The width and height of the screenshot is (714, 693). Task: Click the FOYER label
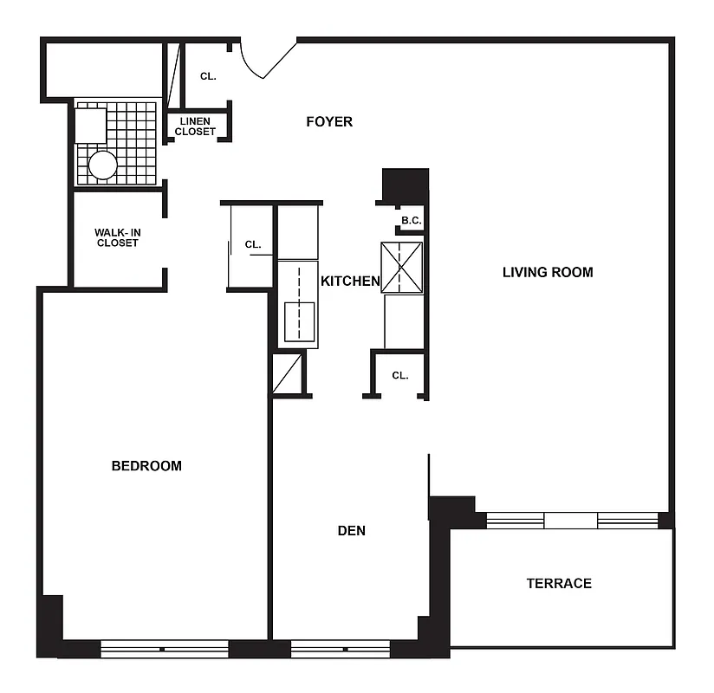(329, 122)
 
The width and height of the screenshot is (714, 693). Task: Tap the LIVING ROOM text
(548, 272)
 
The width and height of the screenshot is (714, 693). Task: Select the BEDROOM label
(146, 466)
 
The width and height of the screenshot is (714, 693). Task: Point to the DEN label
(351, 530)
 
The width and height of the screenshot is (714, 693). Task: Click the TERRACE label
(559, 584)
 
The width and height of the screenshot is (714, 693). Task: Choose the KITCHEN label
(350, 281)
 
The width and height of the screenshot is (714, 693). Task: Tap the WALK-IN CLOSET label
(117, 237)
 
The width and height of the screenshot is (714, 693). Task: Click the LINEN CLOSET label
(195, 126)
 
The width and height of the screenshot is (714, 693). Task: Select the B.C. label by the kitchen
(411, 221)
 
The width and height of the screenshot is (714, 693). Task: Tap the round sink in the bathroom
(102, 165)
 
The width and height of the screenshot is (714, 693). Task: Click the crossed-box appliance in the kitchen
(402, 268)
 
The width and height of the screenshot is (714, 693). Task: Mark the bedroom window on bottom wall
(164, 649)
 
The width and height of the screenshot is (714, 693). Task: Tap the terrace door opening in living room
(570, 521)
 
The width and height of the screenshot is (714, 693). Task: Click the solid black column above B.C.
(406, 184)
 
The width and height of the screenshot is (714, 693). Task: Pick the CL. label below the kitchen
(399, 375)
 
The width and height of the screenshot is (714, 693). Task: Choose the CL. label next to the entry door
(208, 76)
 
